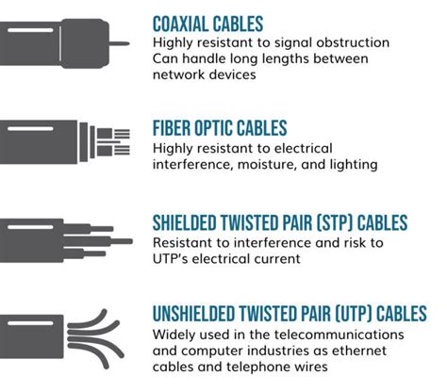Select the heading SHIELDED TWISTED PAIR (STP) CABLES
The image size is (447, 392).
pyautogui.click(x=280, y=223)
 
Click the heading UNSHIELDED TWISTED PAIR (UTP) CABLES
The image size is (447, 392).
pyautogui.click(x=290, y=314)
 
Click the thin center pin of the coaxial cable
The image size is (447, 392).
pyautogui.click(x=119, y=42)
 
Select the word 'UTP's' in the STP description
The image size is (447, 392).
pyautogui.click(x=173, y=258)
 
